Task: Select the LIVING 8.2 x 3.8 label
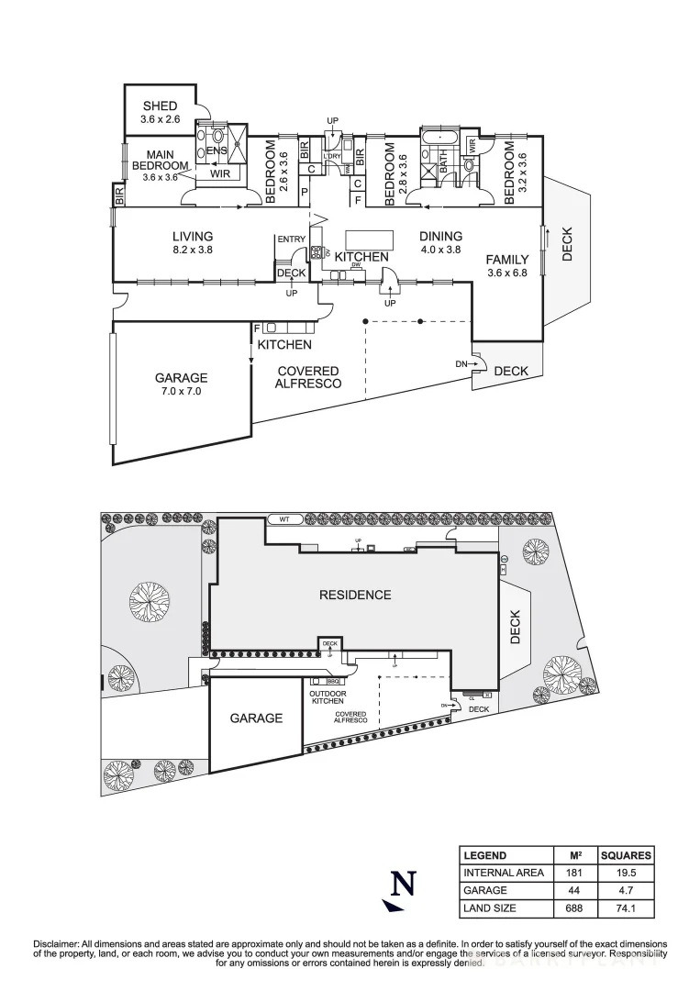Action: pos(192,242)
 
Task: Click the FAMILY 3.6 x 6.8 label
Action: pos(506,266)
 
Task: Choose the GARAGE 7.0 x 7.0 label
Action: pos(181,384)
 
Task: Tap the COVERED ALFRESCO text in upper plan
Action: pos(307,377)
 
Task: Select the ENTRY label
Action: pos(291,240)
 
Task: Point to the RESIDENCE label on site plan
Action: pos(354,595)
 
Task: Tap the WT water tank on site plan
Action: pos(283,519)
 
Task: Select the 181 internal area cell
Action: pos(569,873)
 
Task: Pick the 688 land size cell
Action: pos(569,907)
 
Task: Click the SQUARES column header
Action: pos(626,854)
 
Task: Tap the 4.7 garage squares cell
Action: pos(626,890)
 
